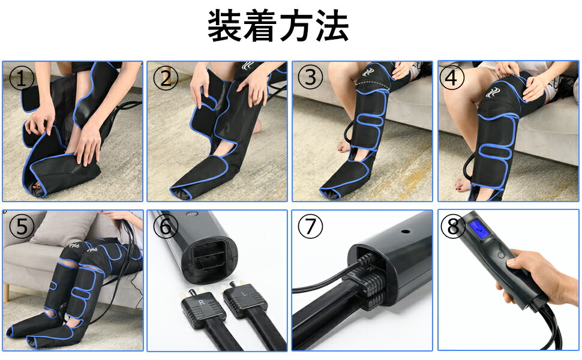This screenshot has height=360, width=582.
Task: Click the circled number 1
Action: (x=22, y=79)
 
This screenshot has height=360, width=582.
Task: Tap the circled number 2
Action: (x=166, y=79)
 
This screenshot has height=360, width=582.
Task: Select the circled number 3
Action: (x=310, y=77)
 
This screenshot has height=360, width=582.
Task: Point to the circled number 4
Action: (x=452, y=79)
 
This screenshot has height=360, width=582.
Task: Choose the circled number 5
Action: (x=22, y=226)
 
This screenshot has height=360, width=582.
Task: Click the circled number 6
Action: (x=166, y=226)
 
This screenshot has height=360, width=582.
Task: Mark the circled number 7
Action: (x=310, y=226)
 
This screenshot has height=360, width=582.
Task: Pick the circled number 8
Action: (x=453, y=226)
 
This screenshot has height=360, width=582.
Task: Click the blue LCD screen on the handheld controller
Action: (x=479, y=230)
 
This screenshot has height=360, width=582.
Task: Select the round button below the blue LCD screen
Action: (x=501, y=255)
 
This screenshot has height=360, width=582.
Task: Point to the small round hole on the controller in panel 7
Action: (x=406, y=232)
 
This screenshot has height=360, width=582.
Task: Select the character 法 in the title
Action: (x=332, y=26)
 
